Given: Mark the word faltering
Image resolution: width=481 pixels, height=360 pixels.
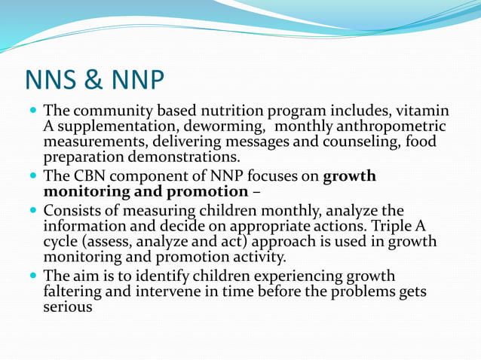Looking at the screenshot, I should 75,291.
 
